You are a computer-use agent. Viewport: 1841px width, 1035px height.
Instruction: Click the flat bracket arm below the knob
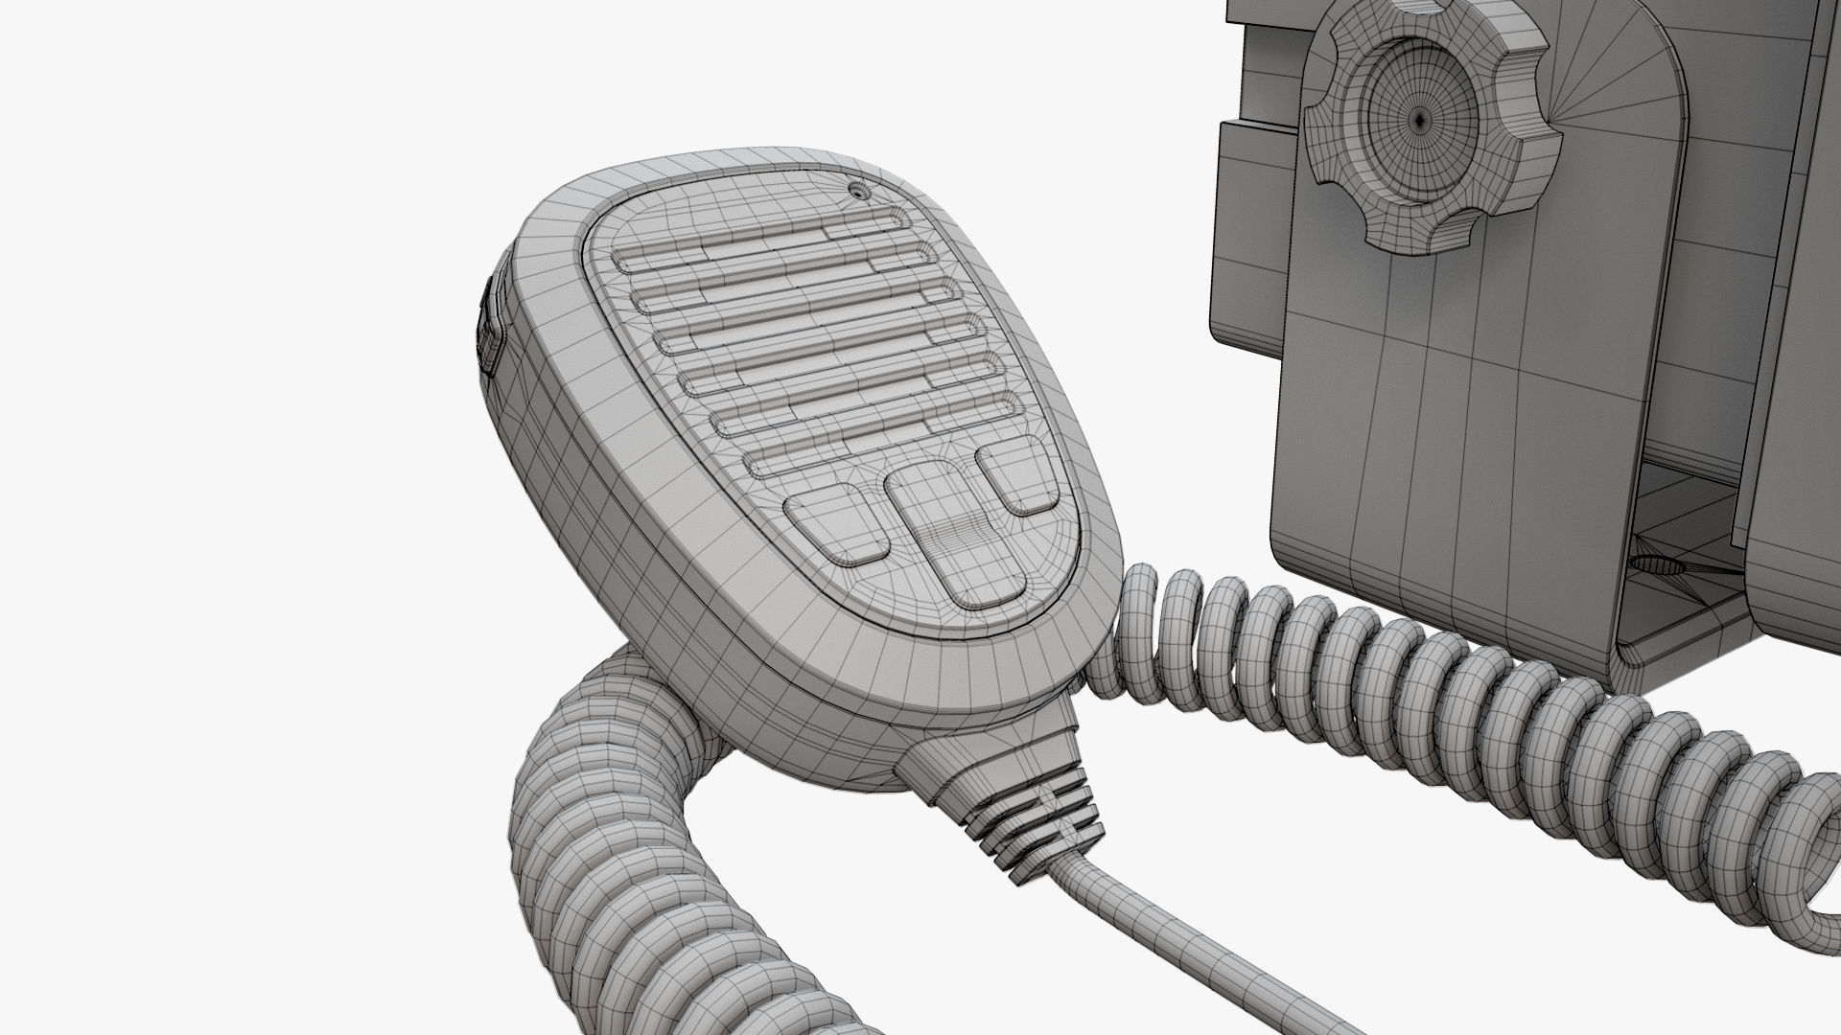(1419, 402)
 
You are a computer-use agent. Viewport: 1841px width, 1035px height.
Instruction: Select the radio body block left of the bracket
(1247, 240)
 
